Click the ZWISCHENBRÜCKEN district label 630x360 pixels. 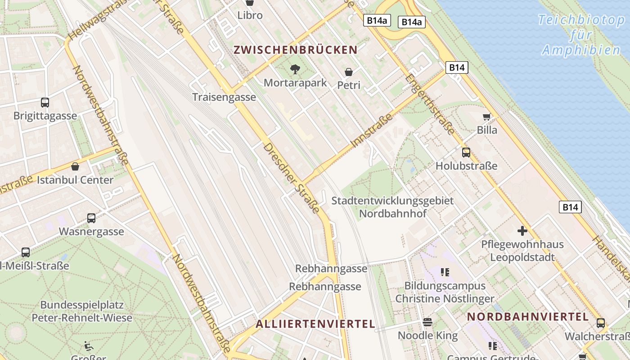pos(296,50)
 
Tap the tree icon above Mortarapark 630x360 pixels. pos(295,69)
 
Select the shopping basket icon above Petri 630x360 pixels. pos(349,72)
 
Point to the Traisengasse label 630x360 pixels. pos(224,97)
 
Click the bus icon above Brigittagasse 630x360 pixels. pos(45,102)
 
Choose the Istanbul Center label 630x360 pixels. pos(75,180)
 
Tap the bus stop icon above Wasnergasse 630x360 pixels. pos(91,218)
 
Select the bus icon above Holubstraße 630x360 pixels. pos(466,153)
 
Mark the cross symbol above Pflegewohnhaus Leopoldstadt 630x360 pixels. pos(522,231)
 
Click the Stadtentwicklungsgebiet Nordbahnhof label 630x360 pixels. pos(392,207)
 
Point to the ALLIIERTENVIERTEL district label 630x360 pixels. pos(315,324)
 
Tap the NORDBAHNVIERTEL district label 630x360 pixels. pos(527,317)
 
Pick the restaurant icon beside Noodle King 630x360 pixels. pos(427,322)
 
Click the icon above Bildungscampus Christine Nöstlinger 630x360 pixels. pos(445,272)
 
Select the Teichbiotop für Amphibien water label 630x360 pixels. pos(581,35)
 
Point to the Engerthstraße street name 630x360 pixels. pos(430,104)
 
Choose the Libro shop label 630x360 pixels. pos(250,15)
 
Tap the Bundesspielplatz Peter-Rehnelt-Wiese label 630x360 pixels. pos(82,311)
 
